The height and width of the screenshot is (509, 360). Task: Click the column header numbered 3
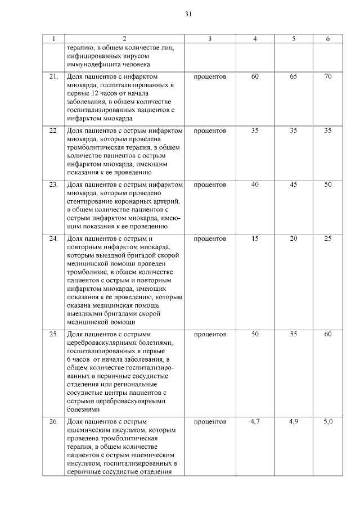click(210, 39)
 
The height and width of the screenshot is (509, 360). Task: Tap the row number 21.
click(54, 76)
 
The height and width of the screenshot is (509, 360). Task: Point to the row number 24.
click(54, 238)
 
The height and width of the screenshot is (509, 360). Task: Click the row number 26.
click(54, 421)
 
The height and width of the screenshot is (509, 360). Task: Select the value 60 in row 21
click(255, 76)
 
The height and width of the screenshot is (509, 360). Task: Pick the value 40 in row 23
click(255, 184)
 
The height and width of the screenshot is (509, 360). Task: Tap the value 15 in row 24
click(255, 238)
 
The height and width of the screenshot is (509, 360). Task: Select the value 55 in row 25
click(293, 334)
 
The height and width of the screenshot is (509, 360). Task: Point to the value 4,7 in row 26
click(255, 421)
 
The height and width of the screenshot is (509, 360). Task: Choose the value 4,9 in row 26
click(293, 421)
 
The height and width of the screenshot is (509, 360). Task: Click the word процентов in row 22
click(210, 130)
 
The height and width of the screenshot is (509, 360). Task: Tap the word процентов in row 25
click(210, 334)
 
